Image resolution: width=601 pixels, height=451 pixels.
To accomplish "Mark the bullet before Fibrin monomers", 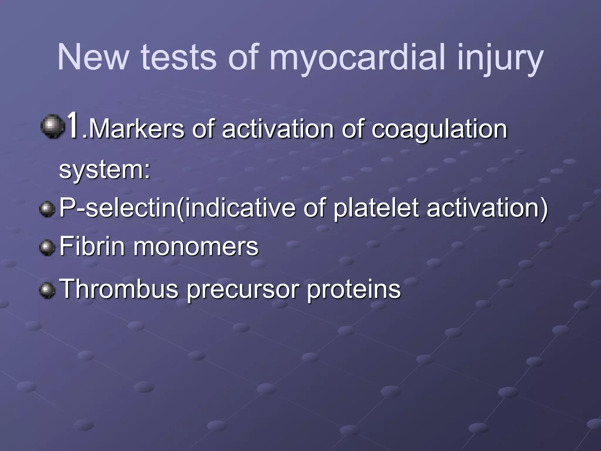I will (x=47, y=248).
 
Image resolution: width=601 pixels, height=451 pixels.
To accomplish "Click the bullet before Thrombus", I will (x=47, y=290).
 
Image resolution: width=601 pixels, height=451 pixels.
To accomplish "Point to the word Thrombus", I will (x=119, y=289).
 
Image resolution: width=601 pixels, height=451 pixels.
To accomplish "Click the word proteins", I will (x=354, y=289).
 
